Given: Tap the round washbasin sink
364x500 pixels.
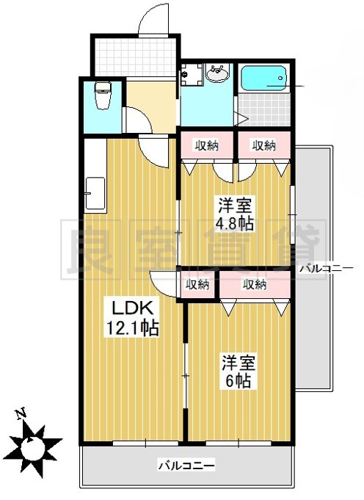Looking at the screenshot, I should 218,73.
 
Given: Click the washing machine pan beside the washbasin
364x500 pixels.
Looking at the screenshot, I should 192,74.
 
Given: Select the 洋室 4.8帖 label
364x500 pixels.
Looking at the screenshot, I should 234,214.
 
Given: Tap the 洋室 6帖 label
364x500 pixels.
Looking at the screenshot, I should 238,372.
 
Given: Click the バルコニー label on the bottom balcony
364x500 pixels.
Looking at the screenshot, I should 186,465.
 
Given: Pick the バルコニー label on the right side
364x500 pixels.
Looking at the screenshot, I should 327,269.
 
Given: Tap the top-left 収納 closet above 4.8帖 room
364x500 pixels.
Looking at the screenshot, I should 206,145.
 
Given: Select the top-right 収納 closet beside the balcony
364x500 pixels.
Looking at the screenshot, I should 263,145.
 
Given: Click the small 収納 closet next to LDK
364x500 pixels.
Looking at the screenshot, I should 197,284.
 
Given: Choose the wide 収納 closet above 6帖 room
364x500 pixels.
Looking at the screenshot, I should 255,284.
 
